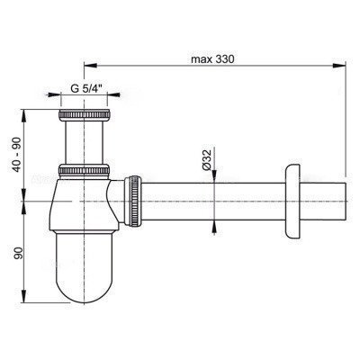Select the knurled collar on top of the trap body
(x=84, y=169)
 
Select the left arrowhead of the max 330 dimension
(x=87, y=66)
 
